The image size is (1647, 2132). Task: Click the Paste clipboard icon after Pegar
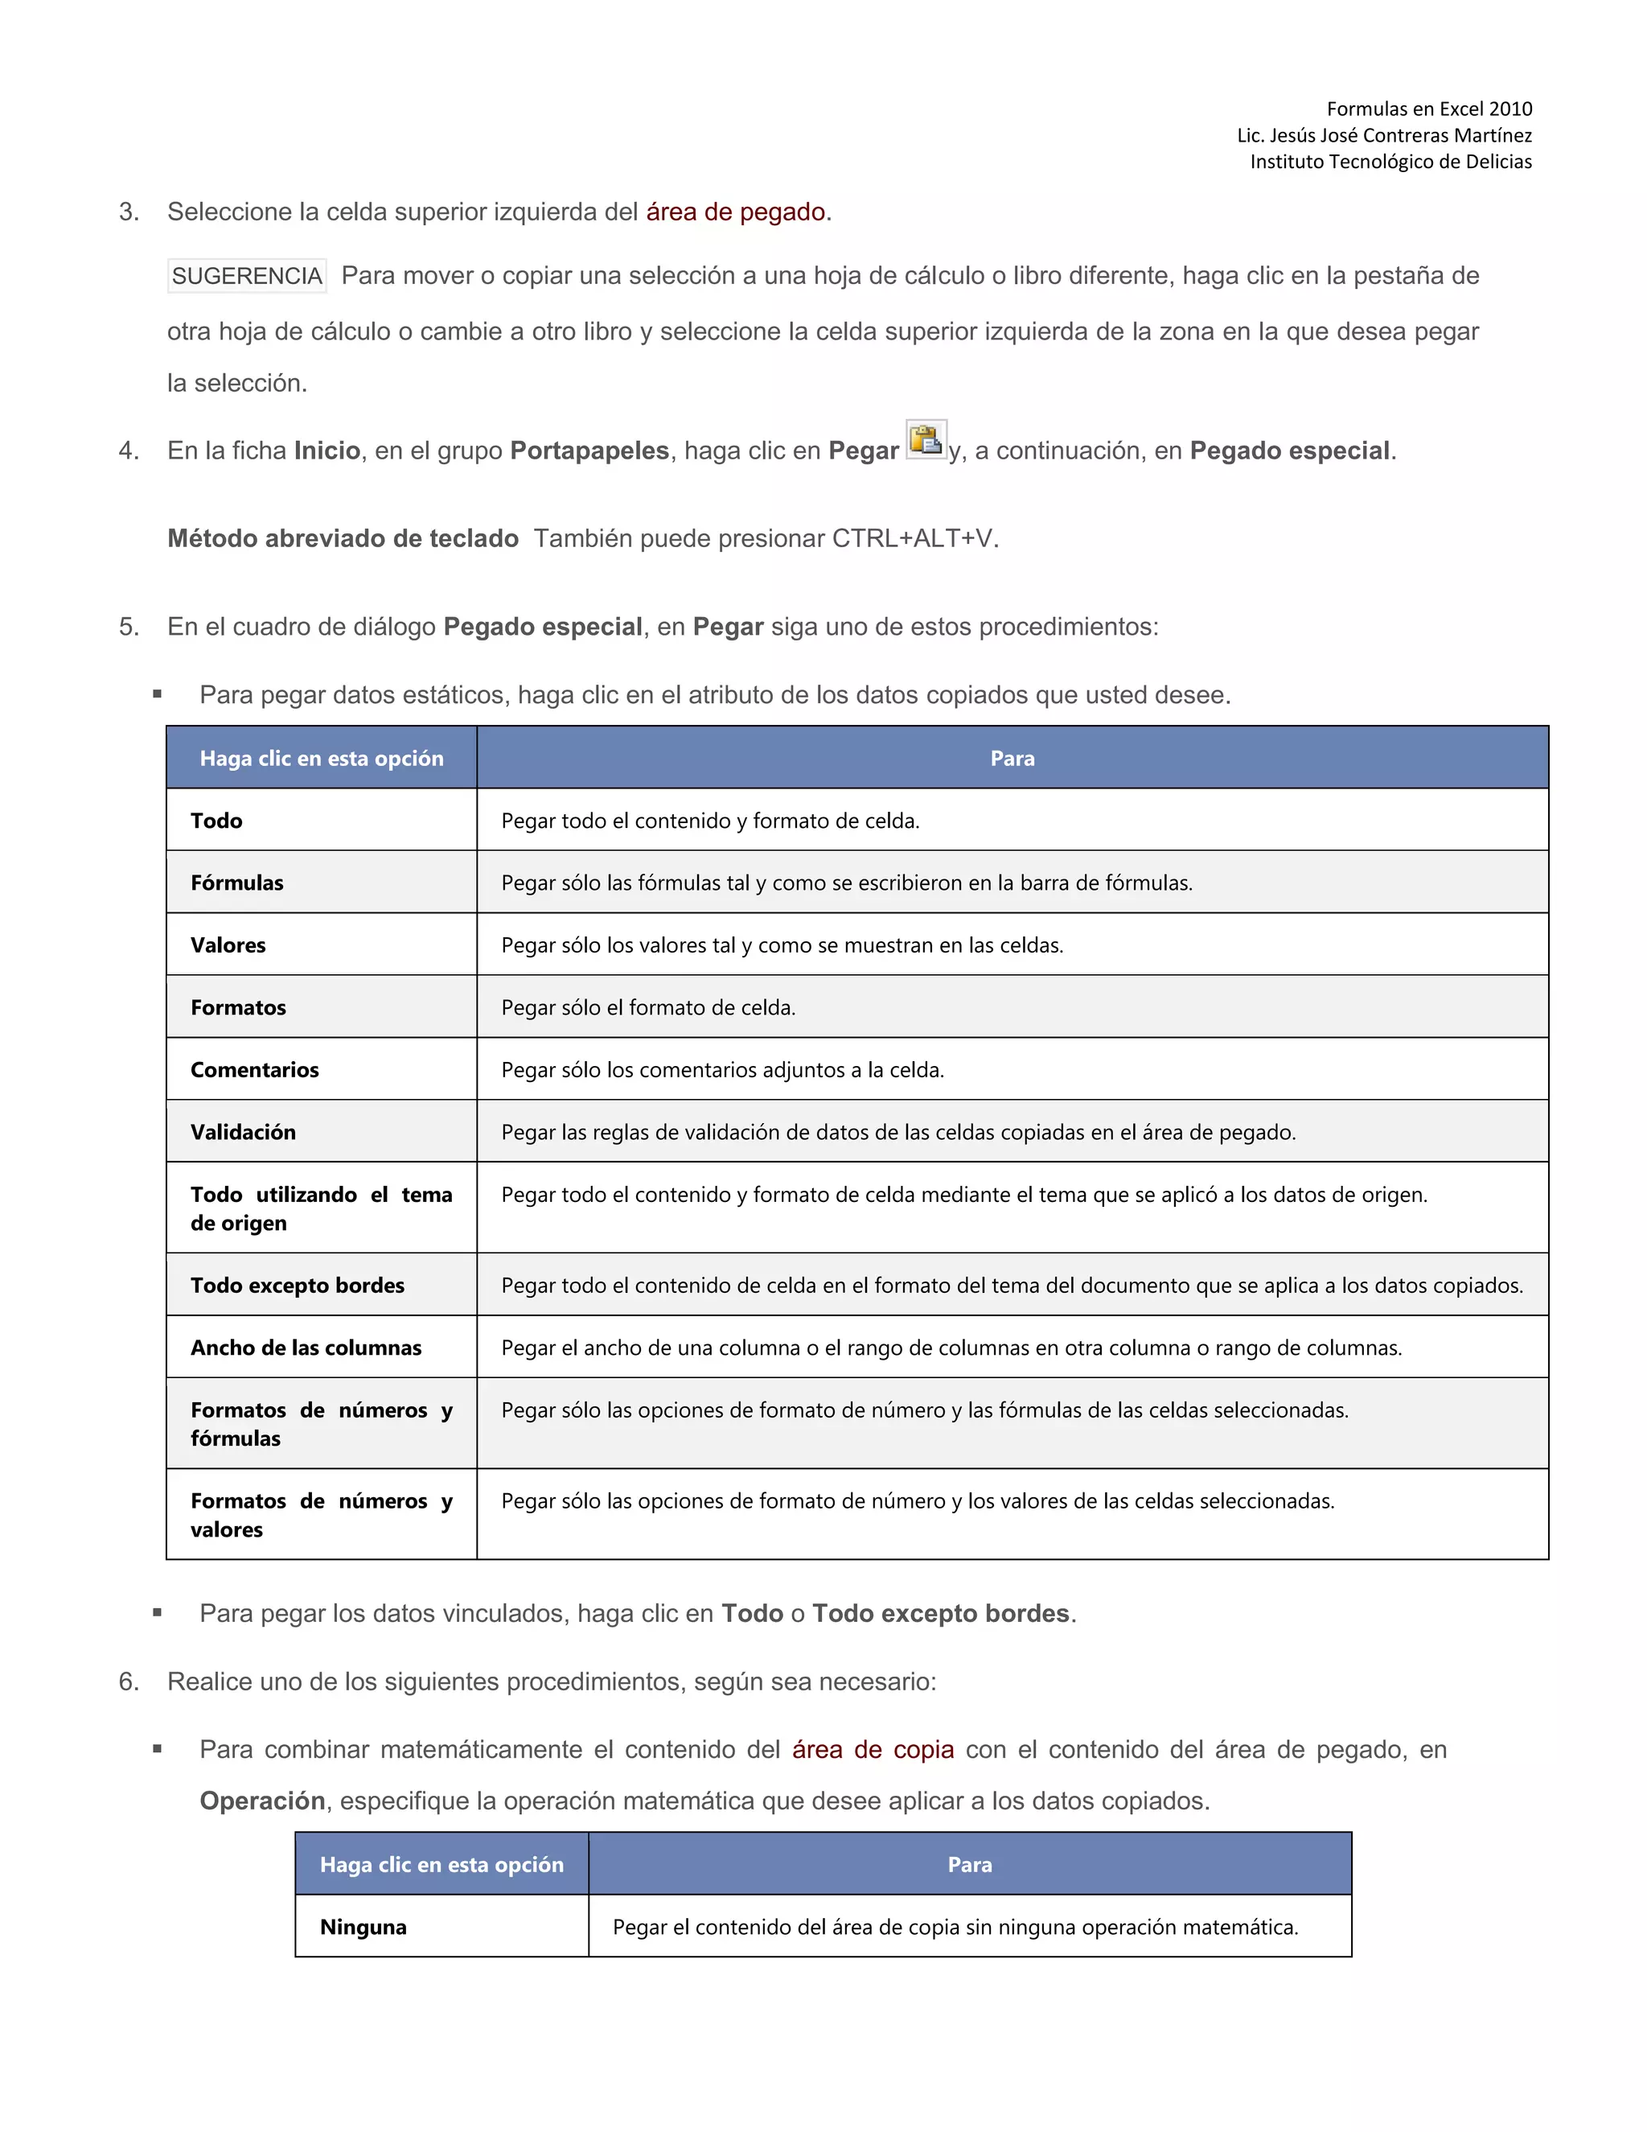[x=925, y=440]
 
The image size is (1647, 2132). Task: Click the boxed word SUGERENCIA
[x=247, y=276]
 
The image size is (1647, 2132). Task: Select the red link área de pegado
[x=737, y=212]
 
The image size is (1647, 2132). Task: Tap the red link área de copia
[x=873, y=1748]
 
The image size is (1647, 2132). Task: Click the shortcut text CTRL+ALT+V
[x=911, y=538]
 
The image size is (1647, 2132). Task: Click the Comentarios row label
[x=255, y=1069]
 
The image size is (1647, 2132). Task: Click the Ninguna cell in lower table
[x=363, y=1926]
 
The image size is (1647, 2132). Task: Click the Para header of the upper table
[x=1012, y=758]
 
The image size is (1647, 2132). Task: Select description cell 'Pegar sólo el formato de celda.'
[x=648, y=1006]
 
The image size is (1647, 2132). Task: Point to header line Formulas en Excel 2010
[x=1428, y=109]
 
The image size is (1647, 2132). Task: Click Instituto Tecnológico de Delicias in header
[x=1390, y=161]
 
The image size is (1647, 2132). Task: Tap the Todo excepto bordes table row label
[x=297, y=1285]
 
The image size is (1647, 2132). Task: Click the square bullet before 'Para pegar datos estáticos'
[x=157, y=694]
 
